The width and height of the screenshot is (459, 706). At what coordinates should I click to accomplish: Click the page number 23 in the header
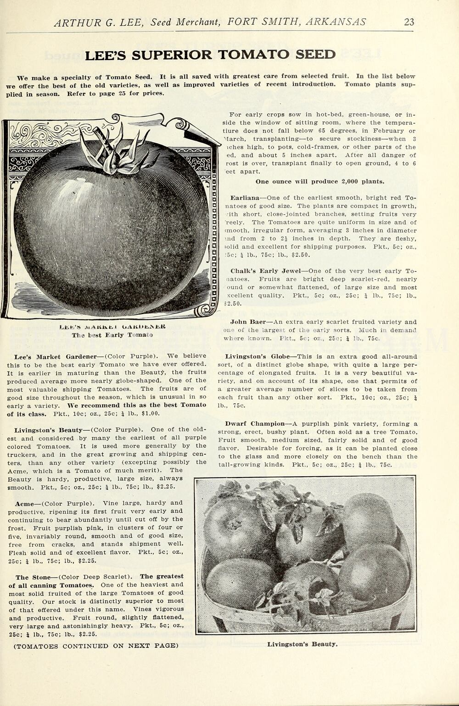pos(409,22)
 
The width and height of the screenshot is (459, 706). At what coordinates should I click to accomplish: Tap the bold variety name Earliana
pos(245,198)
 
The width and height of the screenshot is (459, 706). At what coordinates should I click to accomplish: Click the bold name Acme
pos(25,503)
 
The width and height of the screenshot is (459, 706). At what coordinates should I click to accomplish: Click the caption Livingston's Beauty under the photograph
pos(302,644)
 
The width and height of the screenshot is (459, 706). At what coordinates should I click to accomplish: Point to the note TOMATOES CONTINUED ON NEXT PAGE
pos(96,646)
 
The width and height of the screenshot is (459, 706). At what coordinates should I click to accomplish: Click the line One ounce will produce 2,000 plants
pos(319,182)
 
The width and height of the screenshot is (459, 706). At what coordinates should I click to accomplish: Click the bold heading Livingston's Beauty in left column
pos(48,430)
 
